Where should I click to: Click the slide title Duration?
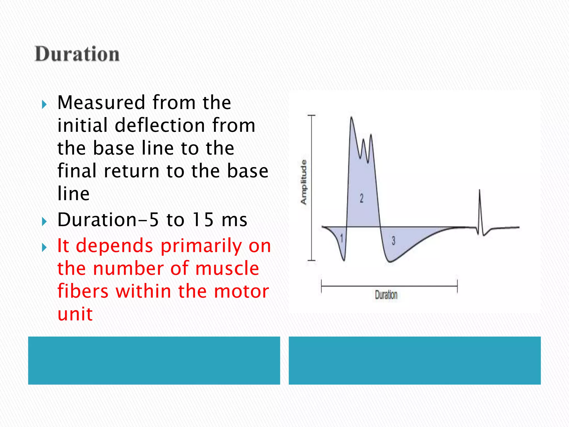pos(77,54)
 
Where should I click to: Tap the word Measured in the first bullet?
pos(101,103)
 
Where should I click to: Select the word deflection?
pos(160,125)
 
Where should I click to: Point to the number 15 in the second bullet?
pos(203,220)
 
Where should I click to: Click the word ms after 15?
pos(234,220)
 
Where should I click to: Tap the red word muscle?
pos(227,269)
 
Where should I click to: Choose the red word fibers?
pos(83,291)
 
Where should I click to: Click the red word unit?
pos(75,314)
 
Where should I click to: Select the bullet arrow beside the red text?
pos(44,247)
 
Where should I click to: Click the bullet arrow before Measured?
pos(44,105)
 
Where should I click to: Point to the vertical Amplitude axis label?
pos(304,182)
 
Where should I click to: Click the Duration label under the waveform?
pos(386,295)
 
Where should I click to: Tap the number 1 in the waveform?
pos(342,238)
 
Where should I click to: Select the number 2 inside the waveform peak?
pos(361,198)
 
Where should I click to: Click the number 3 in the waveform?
pos(393,240)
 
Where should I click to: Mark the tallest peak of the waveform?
pos(351,118)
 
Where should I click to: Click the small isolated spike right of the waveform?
pos(480,192)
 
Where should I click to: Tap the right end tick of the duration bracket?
pos(457,286)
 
